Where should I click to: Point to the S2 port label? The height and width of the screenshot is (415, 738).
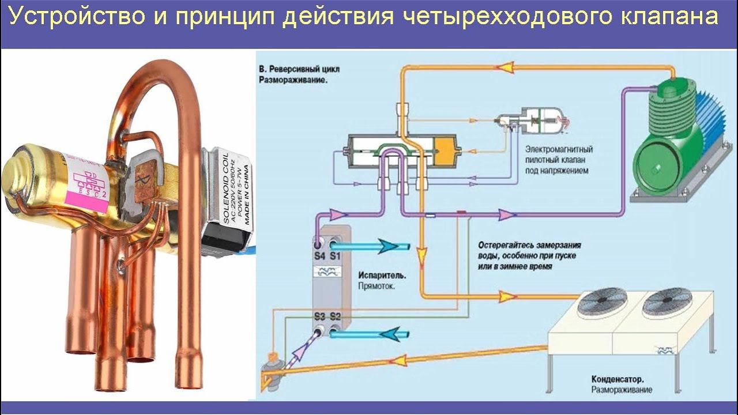pyautogui.click(x=335, y=316)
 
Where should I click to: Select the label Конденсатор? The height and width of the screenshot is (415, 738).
pyautogui.click(x=617, y=379)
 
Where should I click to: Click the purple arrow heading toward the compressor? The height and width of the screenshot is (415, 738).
pyautogui.click(x=507, y=215)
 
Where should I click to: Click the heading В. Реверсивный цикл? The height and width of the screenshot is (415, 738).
pyautogui.click(x=299, y=69)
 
